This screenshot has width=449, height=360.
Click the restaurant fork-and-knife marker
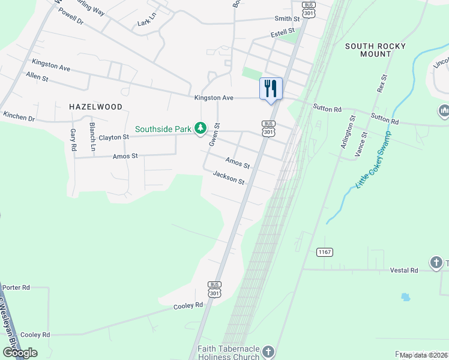(271, 89)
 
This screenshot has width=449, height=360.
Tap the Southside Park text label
(163, 128)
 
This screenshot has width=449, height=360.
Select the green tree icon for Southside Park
(200, 128)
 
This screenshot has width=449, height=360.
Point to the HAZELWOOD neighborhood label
(95, 107)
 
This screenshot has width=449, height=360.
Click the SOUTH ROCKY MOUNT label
(376, 50)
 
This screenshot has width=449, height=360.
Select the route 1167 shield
(325, 252)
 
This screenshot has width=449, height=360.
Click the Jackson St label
(229, 178)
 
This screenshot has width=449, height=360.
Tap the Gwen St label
(213, 135)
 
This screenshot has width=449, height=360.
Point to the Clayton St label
(114, 137)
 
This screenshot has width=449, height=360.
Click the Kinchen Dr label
(19, 115)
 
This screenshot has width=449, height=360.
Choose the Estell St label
(283, 31)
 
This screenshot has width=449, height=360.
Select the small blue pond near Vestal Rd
(405, 297)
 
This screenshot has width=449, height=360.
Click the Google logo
(20, 353)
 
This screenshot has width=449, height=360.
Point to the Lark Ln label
(146, 23)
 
